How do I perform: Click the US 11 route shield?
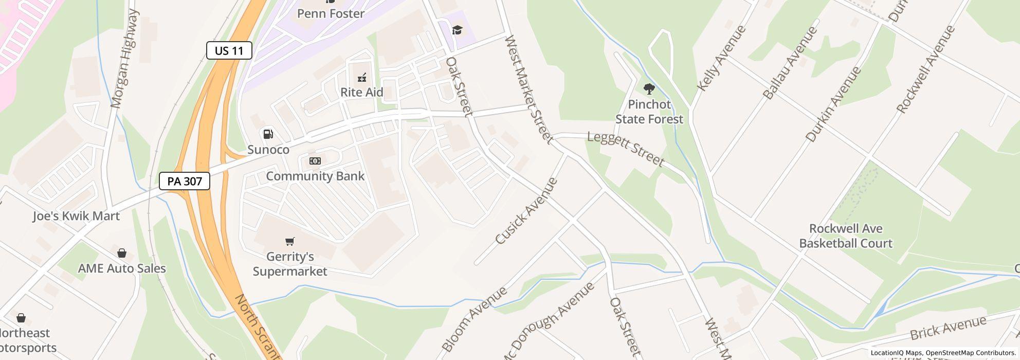[229, 50]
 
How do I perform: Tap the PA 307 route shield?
[184, 181]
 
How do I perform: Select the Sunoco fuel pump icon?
[268, 134]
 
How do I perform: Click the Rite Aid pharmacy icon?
[362, 78]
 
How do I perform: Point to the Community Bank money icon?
[315, 161]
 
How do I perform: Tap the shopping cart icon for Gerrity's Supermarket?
[290, 241]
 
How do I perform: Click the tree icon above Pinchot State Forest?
[649, 89]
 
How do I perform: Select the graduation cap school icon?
[457, 30]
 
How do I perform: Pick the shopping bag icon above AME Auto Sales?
[122, 253]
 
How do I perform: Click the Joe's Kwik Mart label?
[76, 216]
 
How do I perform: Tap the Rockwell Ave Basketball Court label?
[846, 236]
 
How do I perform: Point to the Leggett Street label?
[626, 149]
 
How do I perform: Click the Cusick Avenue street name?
[526, 211]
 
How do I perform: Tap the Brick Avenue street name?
[948, 328]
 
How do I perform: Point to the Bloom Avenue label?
[474, 319]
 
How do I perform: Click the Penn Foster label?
[331, 13]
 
